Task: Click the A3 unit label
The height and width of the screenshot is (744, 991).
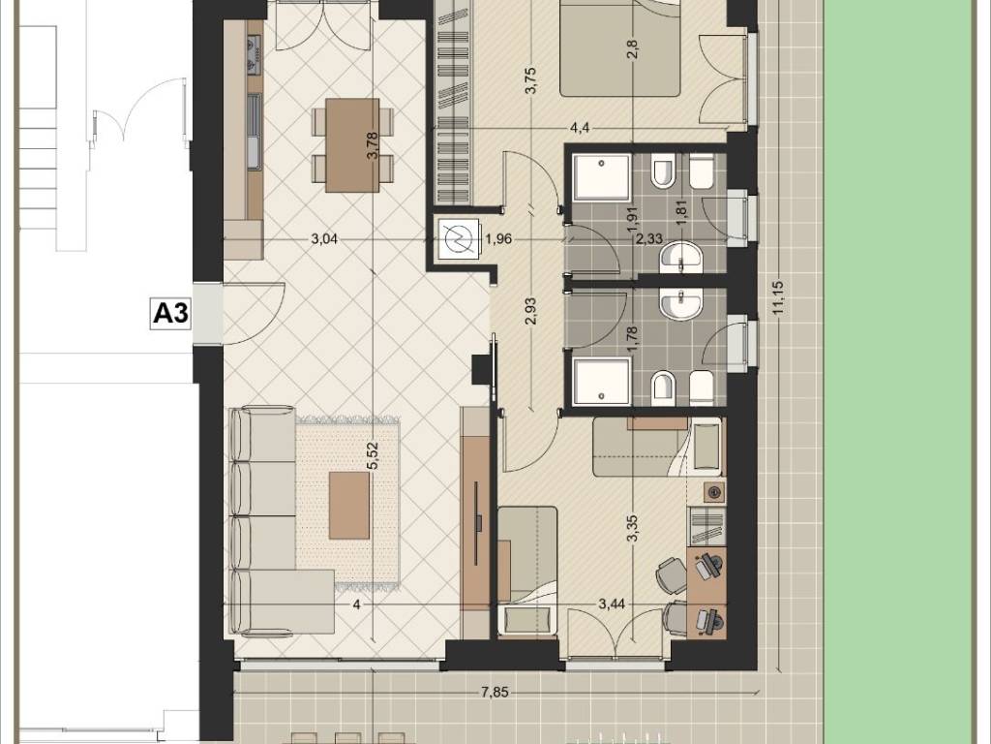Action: click(x=171, y=313)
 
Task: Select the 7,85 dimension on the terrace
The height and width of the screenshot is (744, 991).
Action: click(x=495, y=692)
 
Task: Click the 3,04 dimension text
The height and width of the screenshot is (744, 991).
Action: click(x=325, y=239)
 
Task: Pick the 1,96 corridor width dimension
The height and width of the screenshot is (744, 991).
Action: click(x=498, y=239)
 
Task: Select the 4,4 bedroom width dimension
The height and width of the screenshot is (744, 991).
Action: click(x=580, y=129)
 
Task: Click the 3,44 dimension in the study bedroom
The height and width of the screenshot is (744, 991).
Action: click(x=612, y=604)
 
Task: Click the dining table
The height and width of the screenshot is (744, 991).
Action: click(x=352, y=145)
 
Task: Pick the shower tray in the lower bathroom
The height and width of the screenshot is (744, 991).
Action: click(x=602, y=382)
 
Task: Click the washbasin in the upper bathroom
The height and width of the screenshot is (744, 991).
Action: click(x=680, y=258)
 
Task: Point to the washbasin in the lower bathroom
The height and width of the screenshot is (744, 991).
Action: click(x=680, y=303)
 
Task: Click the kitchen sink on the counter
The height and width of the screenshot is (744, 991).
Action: click(x=255, y=132)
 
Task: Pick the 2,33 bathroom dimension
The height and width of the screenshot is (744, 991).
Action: click(x=649, y=239)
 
